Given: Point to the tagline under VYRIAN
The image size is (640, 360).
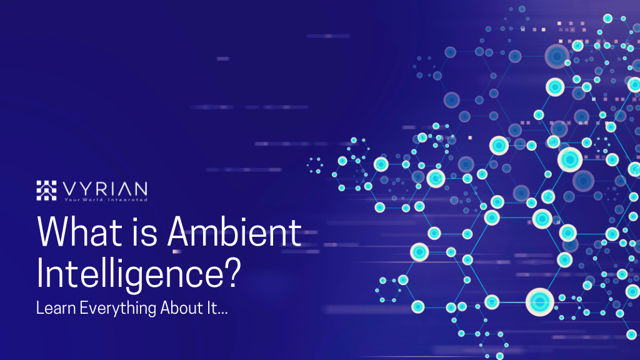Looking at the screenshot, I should click(106, 199).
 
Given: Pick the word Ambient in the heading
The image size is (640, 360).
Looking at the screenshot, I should click(234, 233).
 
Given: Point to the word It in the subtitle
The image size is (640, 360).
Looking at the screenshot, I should click(207, 308).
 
